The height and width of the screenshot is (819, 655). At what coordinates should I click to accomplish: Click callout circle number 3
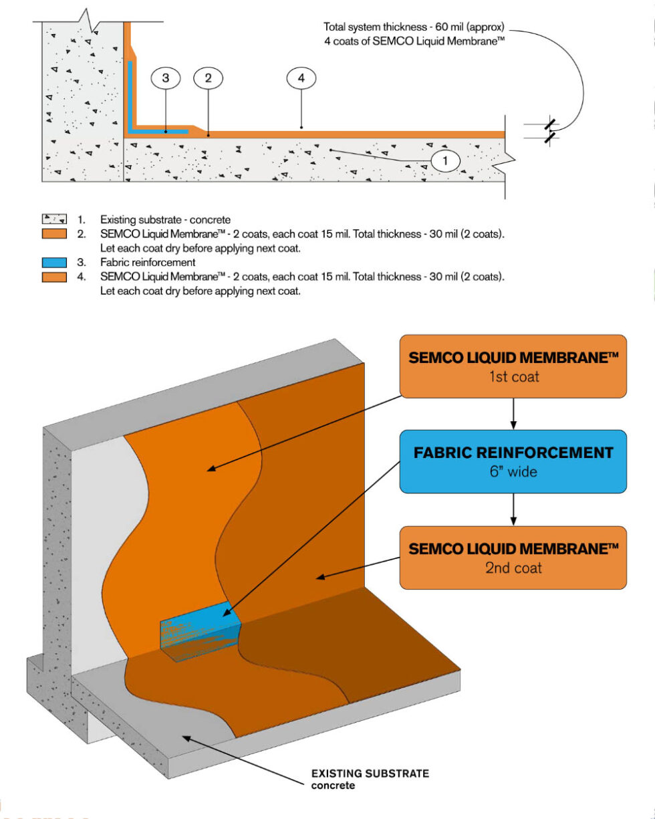point(166,78)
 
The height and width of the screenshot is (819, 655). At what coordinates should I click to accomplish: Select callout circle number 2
point(209,78)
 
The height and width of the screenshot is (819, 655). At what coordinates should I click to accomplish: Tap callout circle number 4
point(301,78)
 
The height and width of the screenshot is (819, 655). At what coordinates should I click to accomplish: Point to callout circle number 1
point(446,160)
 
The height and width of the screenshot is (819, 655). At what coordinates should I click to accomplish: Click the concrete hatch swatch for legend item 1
point(53,219)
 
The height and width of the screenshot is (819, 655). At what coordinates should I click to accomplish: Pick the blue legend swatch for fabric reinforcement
point(53,262)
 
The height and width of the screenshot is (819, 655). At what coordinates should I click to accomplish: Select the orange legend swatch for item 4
point(53,275)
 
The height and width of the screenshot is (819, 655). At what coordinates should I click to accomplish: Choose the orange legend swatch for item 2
point(53,233)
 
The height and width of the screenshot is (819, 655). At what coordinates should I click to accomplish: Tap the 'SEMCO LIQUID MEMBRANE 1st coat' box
point(513,366)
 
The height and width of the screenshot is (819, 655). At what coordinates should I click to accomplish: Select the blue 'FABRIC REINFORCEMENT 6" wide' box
point(513,461)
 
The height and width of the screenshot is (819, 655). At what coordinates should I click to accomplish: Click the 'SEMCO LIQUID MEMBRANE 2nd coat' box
point(513,557)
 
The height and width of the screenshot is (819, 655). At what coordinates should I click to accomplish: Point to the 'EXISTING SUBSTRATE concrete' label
point(370,779)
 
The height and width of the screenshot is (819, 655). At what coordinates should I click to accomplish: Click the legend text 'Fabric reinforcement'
point(148,262)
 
